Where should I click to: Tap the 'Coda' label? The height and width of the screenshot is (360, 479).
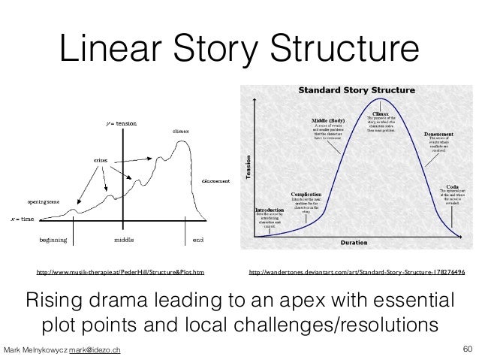[452, 185]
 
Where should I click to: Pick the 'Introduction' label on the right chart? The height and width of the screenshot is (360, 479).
[270, 210]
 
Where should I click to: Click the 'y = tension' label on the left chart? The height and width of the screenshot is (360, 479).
[121, 123]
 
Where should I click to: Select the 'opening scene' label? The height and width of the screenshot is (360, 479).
[46, 203]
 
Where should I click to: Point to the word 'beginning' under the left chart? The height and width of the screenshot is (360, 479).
[53, 240]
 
